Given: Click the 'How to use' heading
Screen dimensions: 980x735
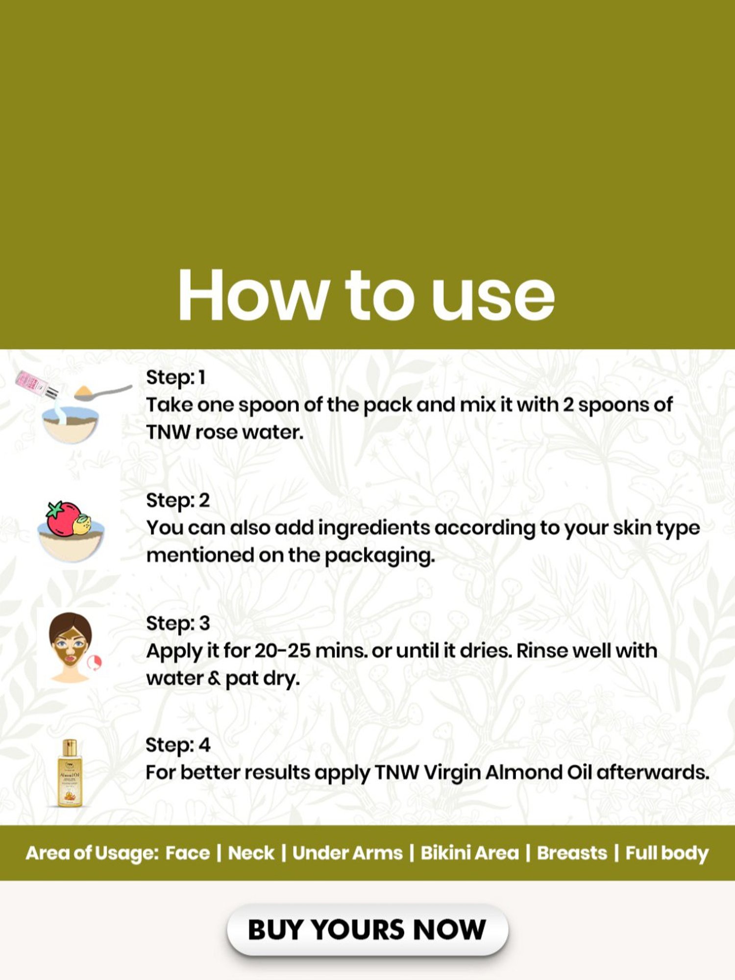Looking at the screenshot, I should point(367,295).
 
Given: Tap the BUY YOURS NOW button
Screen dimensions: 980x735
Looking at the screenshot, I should point(367,930).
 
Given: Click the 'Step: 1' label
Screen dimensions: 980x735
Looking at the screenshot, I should point(175,377).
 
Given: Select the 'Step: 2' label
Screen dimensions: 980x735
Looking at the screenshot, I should point(178,500).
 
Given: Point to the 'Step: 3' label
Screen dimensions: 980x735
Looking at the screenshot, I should point(178,623).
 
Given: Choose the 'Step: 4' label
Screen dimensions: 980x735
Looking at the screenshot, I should point(178,745).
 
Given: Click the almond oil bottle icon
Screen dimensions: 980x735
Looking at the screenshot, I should point(70,773).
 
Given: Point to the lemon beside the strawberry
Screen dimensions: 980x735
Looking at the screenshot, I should point(81,525).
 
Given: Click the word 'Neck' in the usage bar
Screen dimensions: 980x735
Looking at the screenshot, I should point(251,853).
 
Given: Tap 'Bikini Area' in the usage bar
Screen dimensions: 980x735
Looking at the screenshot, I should point(469,853).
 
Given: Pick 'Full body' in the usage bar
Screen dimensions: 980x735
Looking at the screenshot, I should point(667,853).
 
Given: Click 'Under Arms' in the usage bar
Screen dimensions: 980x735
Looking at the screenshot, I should point(347,853).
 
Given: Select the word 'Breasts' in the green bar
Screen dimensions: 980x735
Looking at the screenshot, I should point(572,853).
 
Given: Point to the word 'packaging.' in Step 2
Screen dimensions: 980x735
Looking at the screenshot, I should point(380,556).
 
